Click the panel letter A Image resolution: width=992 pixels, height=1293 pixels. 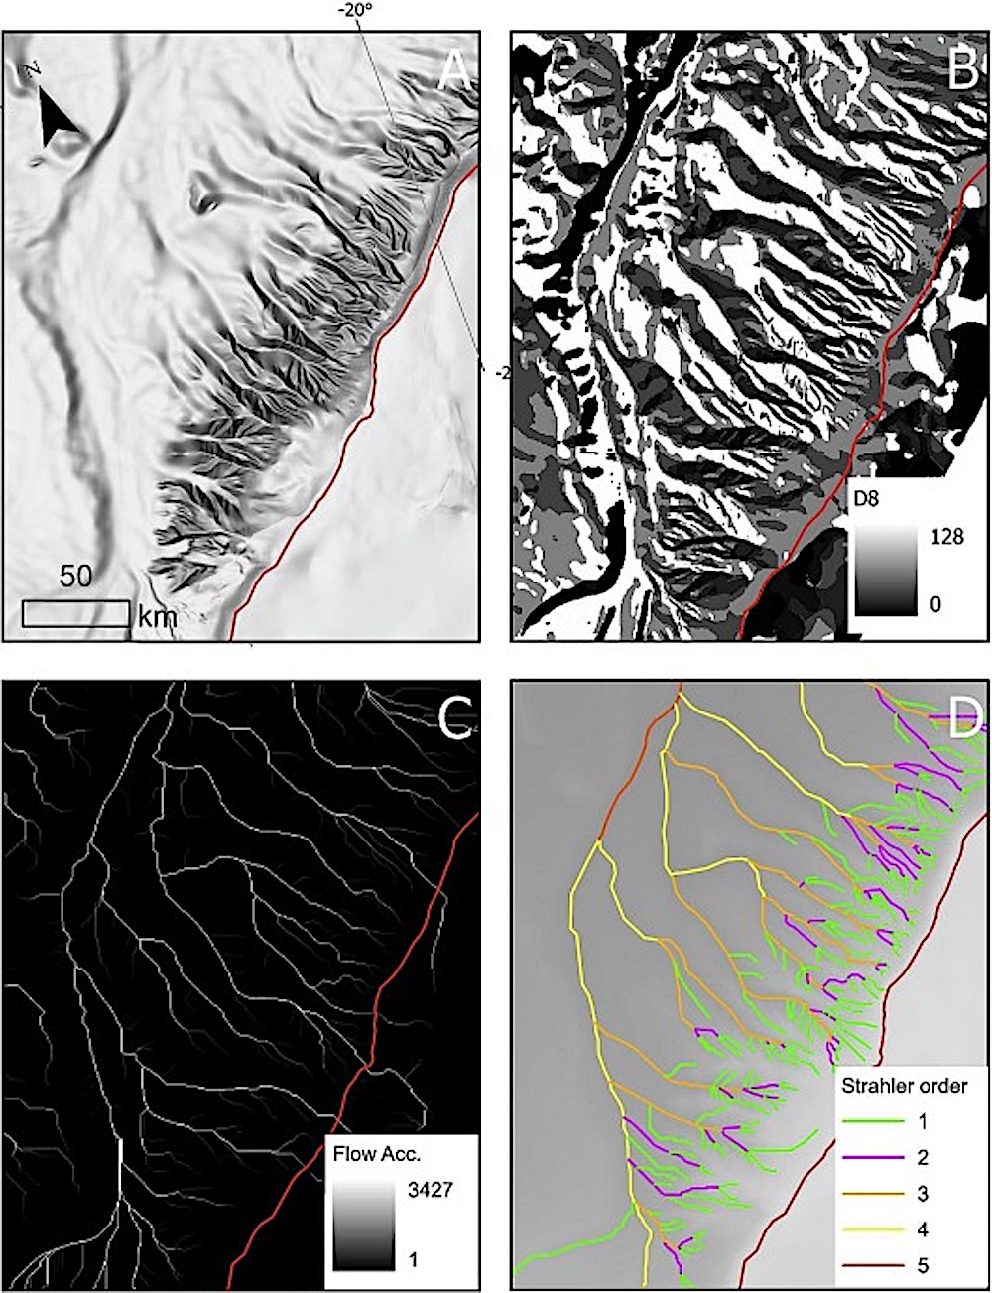pos(453,70)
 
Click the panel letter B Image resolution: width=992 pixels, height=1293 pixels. pos(962,70)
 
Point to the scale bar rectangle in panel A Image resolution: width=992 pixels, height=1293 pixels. pos(76,613)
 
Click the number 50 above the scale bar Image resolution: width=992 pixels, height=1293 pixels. pos(76,578)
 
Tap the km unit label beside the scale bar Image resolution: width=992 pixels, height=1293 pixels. pos(157,616)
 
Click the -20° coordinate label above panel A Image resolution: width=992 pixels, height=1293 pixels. pos(354,12)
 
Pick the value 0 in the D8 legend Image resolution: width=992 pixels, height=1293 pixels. pos(934,603)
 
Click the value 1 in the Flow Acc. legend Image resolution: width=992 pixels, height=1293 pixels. pos(413,1258)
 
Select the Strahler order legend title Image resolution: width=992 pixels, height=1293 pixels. pos(904,1085)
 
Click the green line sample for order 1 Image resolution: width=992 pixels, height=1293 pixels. pos(873,1121)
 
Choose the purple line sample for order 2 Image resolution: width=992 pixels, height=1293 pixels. pos(873,1157)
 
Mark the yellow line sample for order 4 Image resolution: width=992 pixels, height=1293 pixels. pos(873,1229)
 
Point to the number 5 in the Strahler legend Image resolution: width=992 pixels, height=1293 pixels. pos(924,1265)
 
